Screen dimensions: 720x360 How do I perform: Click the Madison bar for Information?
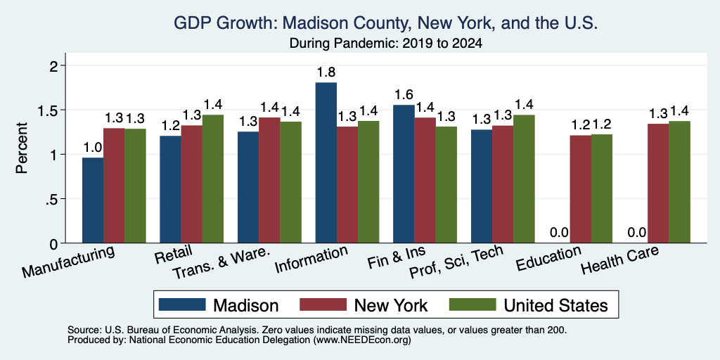[326, 162]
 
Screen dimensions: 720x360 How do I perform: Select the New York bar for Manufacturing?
[114, 186]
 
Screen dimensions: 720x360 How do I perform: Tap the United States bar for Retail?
[213, 179]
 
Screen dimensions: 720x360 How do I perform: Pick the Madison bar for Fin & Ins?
[404, 174]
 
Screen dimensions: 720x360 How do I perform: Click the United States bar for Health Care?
[680, 182]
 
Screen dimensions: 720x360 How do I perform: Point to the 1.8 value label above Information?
[326, 72]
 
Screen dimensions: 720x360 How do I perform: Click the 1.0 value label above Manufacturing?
[93, 148]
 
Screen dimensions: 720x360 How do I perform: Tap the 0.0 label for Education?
[559, 233]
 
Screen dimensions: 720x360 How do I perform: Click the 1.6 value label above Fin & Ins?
[404, 95]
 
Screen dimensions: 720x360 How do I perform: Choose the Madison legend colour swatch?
[182, 305]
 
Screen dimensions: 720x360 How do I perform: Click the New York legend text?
[391, 305]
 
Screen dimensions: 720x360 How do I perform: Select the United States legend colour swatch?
[472, 305]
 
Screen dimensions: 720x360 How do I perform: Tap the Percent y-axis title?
[22, 148]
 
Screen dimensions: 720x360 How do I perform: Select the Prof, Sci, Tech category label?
[456, 264]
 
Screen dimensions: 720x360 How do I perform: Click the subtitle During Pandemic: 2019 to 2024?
[386, 44]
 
